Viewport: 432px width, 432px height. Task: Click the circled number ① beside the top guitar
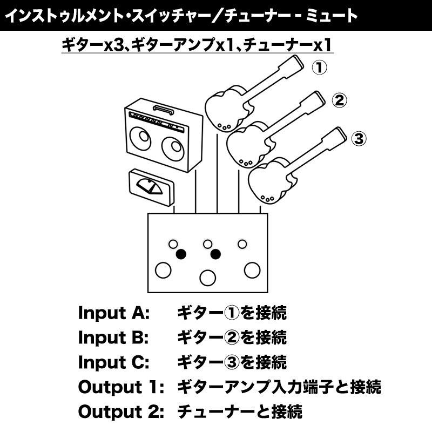[x=320, y=67]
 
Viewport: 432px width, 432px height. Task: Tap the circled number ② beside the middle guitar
[x=339, y=100]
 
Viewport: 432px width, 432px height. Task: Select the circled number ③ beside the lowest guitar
[x=359, y=138]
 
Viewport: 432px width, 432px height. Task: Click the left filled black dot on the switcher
[x=181, y=253]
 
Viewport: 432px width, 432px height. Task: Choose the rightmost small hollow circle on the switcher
[x=242, y=244]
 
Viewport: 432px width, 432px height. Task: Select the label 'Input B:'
[x=113, y=337]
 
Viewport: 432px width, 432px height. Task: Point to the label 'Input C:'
[x=114, y=362]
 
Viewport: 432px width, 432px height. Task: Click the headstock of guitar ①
[x=294, y=66]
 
